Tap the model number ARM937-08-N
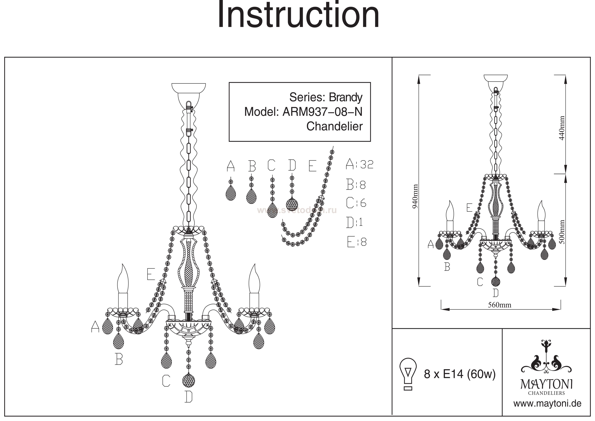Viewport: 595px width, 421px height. tap(322, 112)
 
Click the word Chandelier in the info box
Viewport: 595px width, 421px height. tap(334, 126)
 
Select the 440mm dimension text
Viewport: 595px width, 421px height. tap(561, 128)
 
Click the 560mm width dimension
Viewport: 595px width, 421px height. tap(500, 305)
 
